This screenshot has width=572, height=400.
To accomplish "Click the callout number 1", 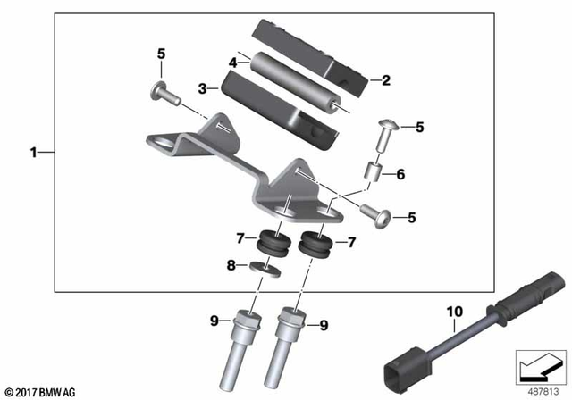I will click(33, 153).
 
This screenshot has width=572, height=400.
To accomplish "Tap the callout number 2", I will click(386, 80).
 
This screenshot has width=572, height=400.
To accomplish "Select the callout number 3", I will click(202, 88).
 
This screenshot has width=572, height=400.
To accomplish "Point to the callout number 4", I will click(233, 63).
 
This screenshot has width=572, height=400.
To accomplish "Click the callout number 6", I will click(400, 175).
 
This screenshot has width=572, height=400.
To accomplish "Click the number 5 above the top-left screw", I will click(162, 54).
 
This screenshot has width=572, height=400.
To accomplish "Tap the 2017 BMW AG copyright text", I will click(41, 391).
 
